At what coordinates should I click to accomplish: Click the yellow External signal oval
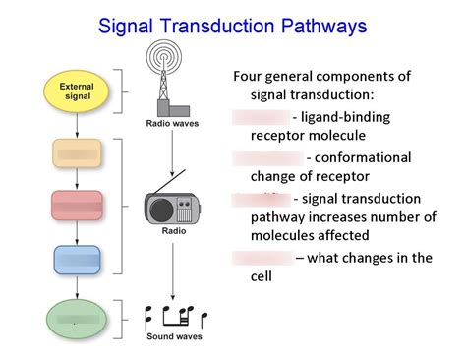(x=77, y=91)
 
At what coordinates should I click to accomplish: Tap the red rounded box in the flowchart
(x=77, y=206)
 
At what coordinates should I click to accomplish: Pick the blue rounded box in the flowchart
(x=77, y=260)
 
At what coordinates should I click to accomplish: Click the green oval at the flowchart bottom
(x=77, y=319)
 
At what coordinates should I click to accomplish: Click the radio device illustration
(x=172, y=207)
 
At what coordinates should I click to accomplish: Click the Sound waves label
(x=173, y=336)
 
